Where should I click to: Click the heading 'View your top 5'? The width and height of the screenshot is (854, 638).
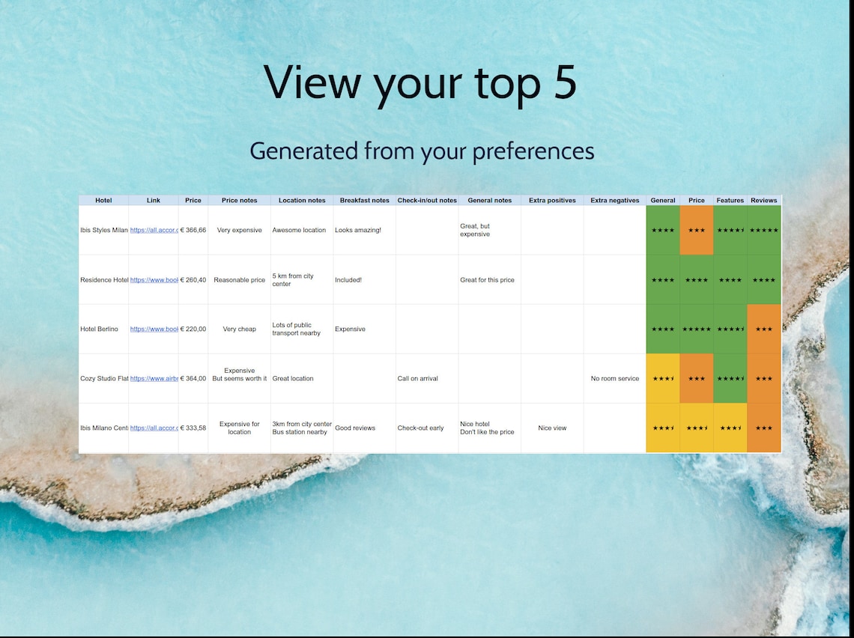click(x=420, y=82)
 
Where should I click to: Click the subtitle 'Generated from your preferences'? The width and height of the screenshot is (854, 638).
click(x=422, y=151)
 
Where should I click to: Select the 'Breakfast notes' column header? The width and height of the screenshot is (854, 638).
click(x=364, y=201)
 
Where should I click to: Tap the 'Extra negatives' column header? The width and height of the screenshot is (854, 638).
click(x=614, y=201)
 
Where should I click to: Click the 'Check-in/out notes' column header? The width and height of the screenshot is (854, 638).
click(x=427, y=201)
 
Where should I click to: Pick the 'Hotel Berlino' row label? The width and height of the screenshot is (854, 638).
click(x=99, y=329)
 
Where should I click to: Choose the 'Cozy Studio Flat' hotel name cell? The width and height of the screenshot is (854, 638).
click(x=103, y=379)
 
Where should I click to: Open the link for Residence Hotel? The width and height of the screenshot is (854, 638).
click(x=154, y=280)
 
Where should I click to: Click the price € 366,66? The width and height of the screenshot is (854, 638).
click(x=193, y=231)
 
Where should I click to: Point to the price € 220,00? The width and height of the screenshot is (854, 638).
click(x=193, y=329)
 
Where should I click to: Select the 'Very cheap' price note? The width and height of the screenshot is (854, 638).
click(x=240, y=329)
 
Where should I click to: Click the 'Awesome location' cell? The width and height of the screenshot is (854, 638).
click(x=299, y=231)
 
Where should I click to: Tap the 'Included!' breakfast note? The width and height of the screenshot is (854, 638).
click(x=348, y=280)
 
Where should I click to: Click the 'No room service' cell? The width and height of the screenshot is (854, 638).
click(x=614, y=379)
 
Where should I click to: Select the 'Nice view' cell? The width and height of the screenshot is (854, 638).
click(x=552, y=428)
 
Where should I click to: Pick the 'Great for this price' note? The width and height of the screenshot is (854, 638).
click(x=487, y=280)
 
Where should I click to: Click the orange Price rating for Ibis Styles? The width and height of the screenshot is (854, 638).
click(x=697, y=231)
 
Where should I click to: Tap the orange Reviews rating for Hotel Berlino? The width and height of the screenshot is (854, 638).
click(x=764, y=329)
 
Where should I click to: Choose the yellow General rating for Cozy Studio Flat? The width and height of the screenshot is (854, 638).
click(x=663, y=379)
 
